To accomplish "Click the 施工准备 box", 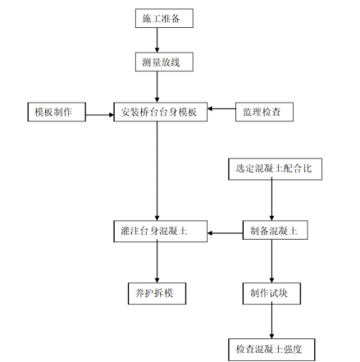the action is [x=164, y=18].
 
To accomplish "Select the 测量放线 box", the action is [x=164, y=62].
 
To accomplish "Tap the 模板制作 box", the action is [x=57, y=112].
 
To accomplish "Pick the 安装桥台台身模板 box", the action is [x=161, y=112].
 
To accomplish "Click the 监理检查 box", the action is [x=264, y=112].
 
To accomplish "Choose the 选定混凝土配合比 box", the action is [x=275, y=169].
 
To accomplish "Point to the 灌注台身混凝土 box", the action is [x=161, y=231].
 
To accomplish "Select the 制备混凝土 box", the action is [x=276, y=230].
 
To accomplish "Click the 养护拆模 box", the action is [x=157, y=294].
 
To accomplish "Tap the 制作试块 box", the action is [x=271, y=294].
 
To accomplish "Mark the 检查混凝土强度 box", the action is [x=271, y=350].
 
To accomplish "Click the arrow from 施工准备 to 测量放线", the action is [x=157, y=40].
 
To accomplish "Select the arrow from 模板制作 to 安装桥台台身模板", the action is [x=100, y=115].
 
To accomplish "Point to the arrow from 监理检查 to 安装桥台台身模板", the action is [x=221, y=108].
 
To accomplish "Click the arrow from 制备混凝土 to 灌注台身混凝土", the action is [x=225, y=233].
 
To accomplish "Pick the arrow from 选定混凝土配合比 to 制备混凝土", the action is [x=271, y=199].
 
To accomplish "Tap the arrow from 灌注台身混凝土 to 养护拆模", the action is [x=157, y=261].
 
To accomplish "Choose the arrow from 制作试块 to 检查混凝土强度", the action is [x=271, y=320].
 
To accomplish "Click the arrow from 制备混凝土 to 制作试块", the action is [x=271, y=261].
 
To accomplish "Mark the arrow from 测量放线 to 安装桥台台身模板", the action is [x=157, y=87].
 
